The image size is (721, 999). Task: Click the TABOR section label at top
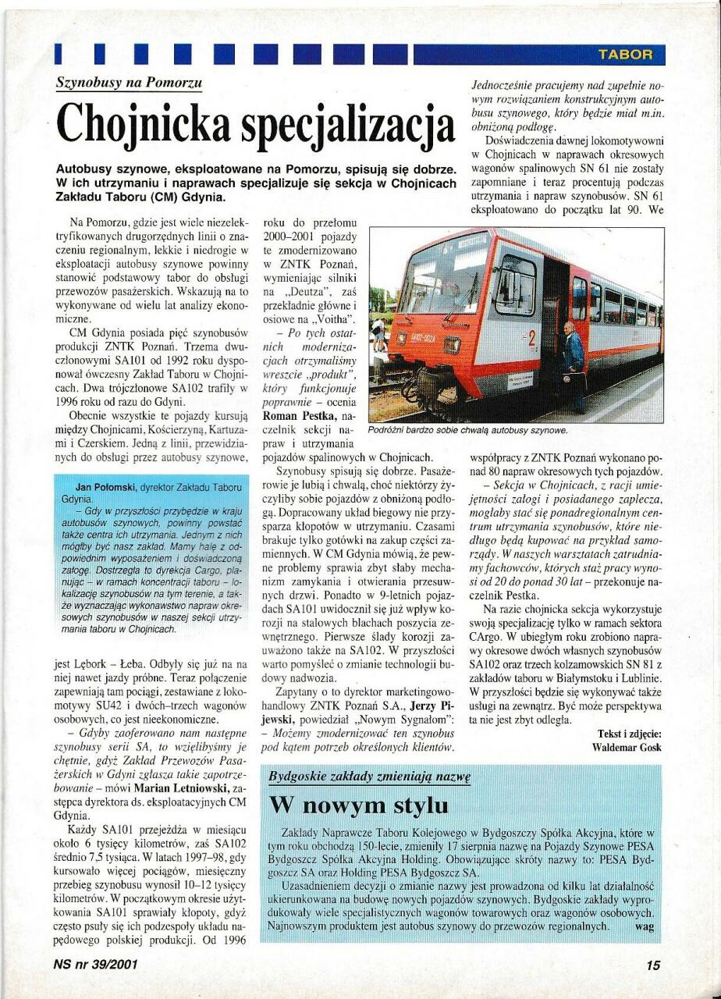pyautogui.click(x=624, y=54)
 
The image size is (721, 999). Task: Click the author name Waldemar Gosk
pyautogui.click(x=627, y=747)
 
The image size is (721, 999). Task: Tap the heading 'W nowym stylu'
pyautogui.click(x=358, y=805)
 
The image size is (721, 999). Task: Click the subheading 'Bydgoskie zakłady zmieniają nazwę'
pyautogui.click(x=369, y=777)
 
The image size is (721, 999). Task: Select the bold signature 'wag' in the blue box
pyautogui.click(x=645, y=926)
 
